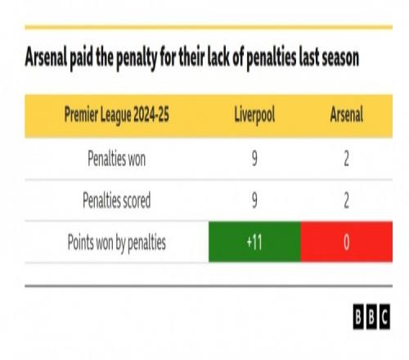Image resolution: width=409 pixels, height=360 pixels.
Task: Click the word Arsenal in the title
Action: (46, 57)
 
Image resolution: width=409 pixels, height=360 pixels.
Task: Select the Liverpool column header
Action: (254, 115)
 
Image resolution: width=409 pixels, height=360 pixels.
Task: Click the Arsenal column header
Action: (346, 115)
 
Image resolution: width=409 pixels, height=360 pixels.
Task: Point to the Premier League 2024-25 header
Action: (116, 115)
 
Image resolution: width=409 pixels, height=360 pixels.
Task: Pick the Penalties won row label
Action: (116, 159)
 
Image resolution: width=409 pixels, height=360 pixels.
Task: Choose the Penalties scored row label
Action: (116, 200)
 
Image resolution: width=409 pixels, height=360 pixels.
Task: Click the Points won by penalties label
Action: (116, 242)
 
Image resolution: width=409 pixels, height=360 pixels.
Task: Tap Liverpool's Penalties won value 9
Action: (254, 159)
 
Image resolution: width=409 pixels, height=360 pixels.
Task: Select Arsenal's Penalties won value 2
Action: (346, 159)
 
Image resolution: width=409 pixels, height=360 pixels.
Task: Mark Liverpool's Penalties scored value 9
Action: (254, 200)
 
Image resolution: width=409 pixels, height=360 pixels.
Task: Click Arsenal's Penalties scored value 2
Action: (346, 200)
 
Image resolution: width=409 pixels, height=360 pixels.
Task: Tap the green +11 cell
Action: (254, 242)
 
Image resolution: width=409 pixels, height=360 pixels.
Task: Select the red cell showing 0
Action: (347, 242)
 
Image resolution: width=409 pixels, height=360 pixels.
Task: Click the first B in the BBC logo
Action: (358, 317)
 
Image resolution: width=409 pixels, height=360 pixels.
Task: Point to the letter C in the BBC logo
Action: (384, 317)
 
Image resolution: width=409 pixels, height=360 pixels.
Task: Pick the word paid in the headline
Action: (81, 58)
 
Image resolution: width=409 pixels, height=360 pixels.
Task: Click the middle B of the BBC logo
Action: (371, 317)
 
